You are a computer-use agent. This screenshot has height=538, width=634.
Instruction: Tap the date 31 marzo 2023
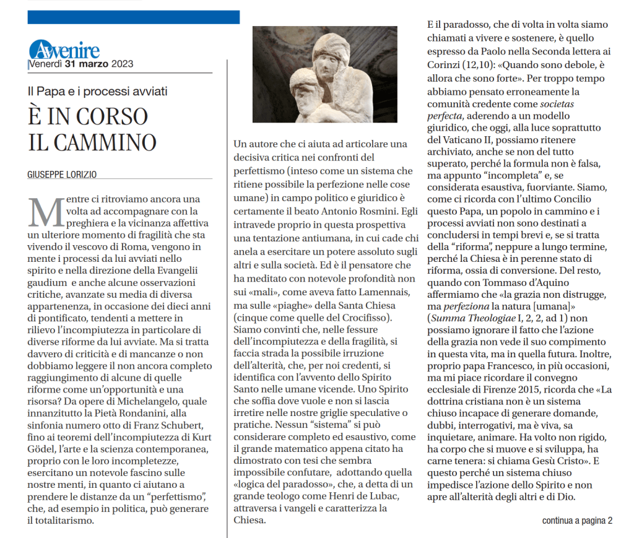pos(94,64)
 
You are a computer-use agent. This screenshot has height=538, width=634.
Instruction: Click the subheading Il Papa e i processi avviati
pos(98,92)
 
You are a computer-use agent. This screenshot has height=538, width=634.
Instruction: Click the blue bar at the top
pos(132,17)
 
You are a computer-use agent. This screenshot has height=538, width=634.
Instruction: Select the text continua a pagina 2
pos(577,520)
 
